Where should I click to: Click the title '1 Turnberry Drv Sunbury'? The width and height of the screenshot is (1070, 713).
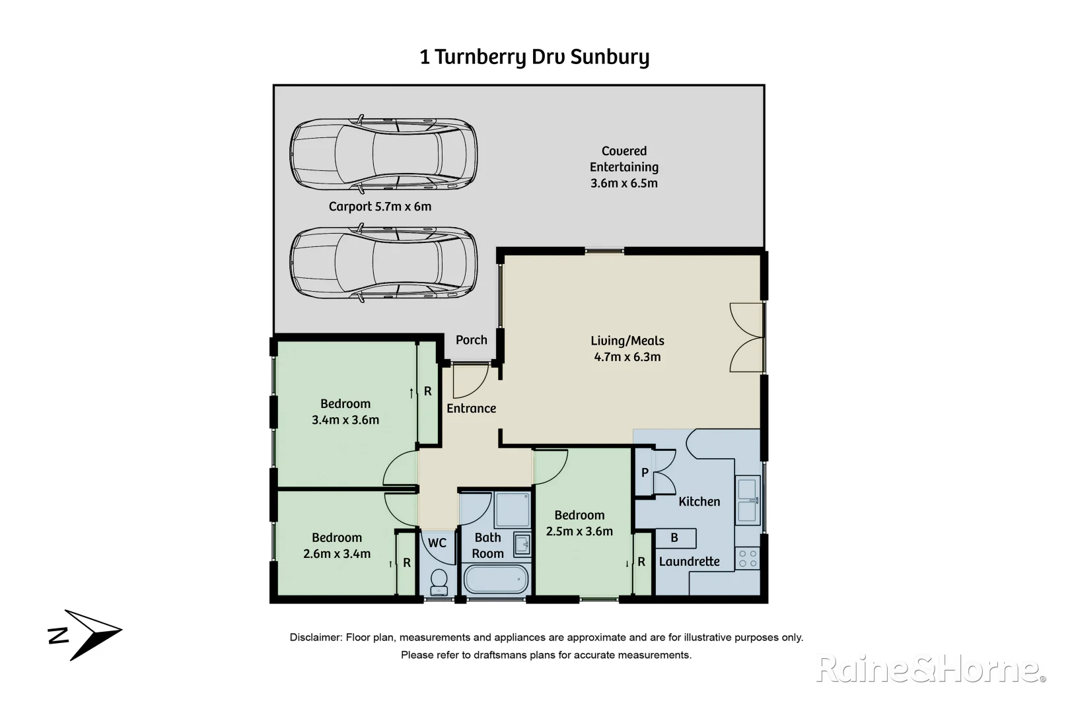pyautogui.click(x=534, y=57)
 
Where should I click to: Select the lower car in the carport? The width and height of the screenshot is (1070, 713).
pyautogui.click(x=383, y=264)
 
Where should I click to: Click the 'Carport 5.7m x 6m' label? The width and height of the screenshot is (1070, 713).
pyautogui.click(x=380, y=207)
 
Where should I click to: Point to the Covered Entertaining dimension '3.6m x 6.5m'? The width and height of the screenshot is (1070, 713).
pyautogui.click(x=624, y=184)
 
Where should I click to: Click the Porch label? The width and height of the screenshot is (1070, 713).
pyautogui.click(x=471, y=340)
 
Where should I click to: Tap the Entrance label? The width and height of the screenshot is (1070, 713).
pyautogui.click(x=471, y=409)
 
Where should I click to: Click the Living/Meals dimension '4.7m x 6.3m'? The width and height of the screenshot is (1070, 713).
pyautogui.click(x=627, y=357)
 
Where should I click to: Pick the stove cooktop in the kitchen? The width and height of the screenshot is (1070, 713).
pyautogui.click(x=748, y=559)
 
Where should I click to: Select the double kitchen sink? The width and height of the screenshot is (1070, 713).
pyautogui.click(x=747, y=500)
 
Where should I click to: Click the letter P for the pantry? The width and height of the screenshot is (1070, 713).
pyautogui.click(x=645, y=473)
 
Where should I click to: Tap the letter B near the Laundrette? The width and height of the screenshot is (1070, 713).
pyautogui.click(x=674, y=538)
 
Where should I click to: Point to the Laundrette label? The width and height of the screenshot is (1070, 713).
pyautogui.click(x=689, y=562)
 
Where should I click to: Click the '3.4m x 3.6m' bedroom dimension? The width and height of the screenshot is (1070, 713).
pyautogui.click(x=345, y=420)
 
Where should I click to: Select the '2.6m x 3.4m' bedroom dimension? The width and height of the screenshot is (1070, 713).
pyautogui.click(x=337, y=554)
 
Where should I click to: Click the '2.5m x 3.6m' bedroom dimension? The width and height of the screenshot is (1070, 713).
pyautogui.click(x=579, y=531)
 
